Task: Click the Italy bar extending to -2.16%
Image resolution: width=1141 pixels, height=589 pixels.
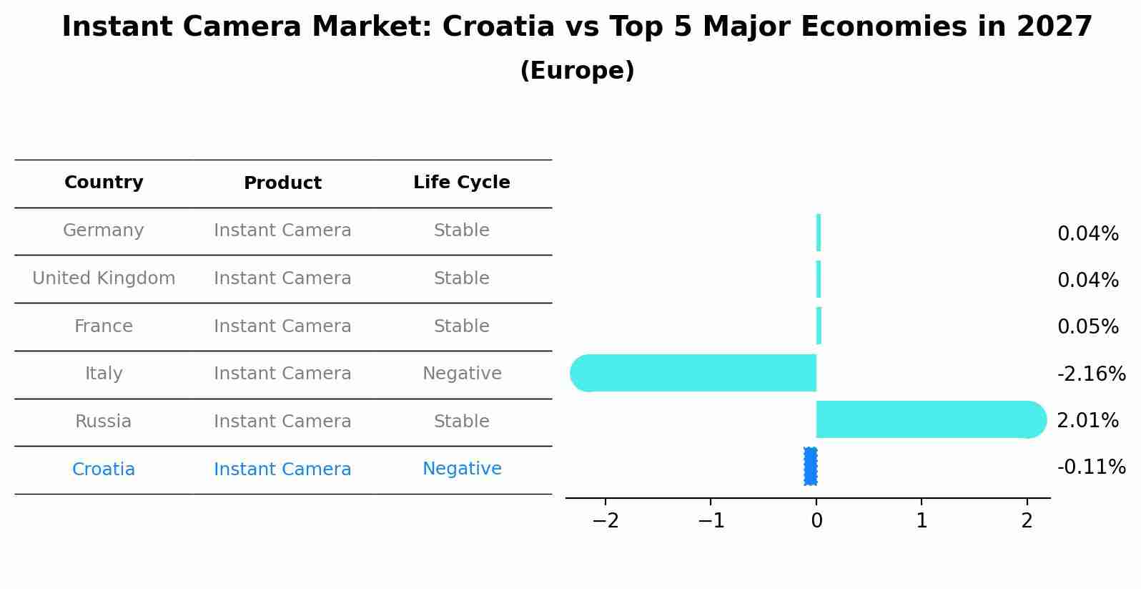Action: (693, 373)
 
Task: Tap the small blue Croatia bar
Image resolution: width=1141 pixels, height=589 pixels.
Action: (810, 467)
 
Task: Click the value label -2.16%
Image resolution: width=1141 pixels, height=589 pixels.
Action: (1091, 374)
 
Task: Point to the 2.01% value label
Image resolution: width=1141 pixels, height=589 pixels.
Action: (1087, 421)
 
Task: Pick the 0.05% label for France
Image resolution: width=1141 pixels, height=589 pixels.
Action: (1087, 327)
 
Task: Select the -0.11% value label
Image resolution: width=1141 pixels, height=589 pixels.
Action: (1091, 467)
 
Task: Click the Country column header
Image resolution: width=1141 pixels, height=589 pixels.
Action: (104, 182)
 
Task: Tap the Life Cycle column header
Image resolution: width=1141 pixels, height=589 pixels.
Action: (461, 182)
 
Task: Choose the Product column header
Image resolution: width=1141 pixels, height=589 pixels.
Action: (282, 183)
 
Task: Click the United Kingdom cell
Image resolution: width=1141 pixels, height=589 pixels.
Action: (104, 278)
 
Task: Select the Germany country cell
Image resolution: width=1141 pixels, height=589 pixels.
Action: (104, 230)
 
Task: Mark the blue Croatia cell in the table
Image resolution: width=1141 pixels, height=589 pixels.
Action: (104, 469)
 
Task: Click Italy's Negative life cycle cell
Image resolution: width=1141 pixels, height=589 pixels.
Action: (462, 374)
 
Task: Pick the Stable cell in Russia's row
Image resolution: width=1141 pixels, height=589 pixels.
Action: (461, 422)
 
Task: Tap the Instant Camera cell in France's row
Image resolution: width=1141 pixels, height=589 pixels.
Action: (282, 326)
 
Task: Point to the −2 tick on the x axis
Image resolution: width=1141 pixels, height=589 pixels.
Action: (605, 521)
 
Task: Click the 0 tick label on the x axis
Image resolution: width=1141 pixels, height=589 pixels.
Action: (816, 521)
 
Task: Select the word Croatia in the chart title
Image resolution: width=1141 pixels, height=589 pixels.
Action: (498, 27)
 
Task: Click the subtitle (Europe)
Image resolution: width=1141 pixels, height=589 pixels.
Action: (577, 71)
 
